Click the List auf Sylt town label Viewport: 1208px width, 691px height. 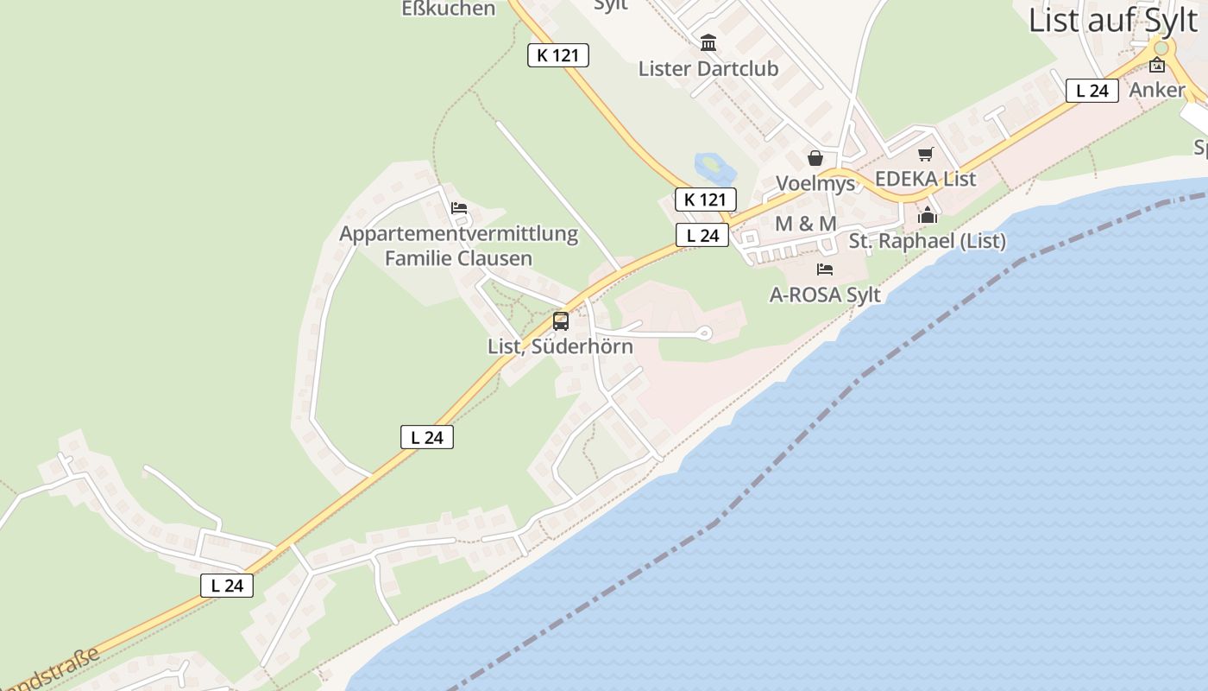pos(1113,19)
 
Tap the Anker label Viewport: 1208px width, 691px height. pos(1157,89)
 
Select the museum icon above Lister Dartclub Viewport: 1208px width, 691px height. pos(708,42)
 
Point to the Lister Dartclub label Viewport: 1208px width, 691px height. pos(708,68)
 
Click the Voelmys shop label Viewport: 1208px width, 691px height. pos(815,183)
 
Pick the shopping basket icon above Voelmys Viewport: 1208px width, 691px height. pos(815,158)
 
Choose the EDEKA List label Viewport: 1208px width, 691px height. pos(925,179)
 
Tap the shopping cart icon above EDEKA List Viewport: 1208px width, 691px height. pos(925,155)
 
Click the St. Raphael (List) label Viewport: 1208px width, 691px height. pos(927,241)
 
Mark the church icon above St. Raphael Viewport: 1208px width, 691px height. pos(928,215)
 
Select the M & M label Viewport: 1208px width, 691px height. pos(805,224)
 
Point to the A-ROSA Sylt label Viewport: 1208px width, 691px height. pos(825,295)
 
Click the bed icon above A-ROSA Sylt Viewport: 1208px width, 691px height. pos(825,269)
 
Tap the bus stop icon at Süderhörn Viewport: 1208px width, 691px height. pos(561,321)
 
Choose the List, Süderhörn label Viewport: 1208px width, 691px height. pos(560,346)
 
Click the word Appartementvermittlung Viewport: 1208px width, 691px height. pos(458,233)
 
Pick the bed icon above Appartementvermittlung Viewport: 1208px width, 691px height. pos(459,208)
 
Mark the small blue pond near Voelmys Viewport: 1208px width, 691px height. pos(709,163)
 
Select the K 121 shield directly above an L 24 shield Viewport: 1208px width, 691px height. pos(705,200)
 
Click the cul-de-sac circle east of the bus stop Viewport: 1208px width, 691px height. pos(704,333)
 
